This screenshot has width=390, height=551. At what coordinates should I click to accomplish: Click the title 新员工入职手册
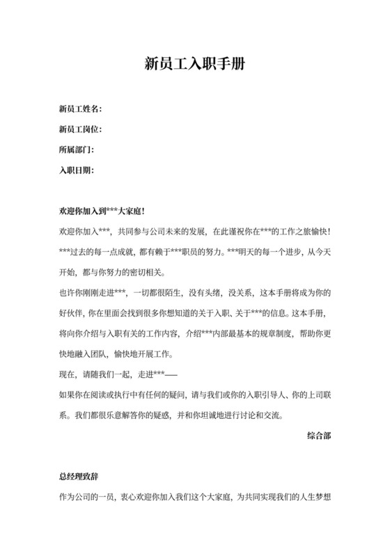pos(194,63)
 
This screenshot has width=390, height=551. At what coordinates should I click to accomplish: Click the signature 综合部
pos(318,436)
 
